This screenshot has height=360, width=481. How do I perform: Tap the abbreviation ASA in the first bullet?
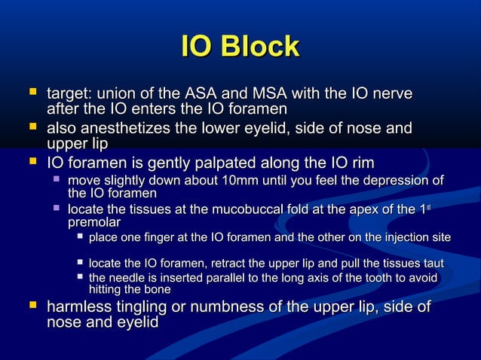tap(199, 96)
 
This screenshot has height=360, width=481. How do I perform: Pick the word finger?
tap(161, 238)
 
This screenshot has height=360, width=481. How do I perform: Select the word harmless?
tap(78, 307)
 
